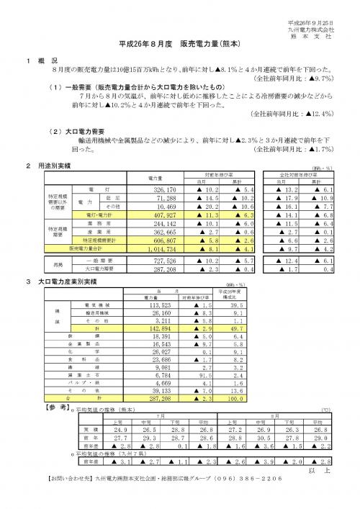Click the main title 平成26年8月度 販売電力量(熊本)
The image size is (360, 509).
[180, 44]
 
